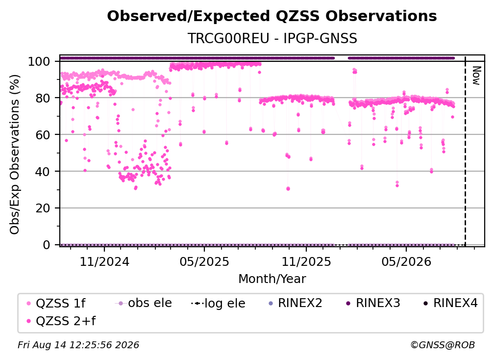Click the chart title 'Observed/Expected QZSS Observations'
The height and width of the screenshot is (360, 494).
coord(272,16)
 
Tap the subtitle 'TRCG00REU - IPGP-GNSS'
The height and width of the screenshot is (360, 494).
coord(272,38)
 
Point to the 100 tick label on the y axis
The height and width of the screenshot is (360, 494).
coord(39,61)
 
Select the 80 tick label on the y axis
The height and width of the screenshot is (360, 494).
coord(43,98)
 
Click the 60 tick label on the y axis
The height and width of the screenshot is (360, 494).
coord(43,135)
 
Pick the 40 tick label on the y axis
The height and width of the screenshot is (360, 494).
coord(43,172)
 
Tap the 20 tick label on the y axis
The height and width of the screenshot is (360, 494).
coord(43,208)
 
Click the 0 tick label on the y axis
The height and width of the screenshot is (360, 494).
coord(47,245)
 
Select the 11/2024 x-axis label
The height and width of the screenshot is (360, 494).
coord(104,262)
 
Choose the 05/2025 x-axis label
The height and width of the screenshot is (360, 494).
coord(204,262)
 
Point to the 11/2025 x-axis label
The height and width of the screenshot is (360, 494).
coord(306,262)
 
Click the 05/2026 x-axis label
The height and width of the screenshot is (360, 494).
coord(406,262)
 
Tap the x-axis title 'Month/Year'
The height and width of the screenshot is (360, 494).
coord(272,279)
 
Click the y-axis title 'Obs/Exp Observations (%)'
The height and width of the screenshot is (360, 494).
coord(15,154)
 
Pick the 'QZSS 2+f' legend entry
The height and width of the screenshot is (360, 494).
coord(61,321)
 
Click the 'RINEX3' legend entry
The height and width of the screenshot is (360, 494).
coord(373,303)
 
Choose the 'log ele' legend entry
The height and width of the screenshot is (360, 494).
coord(219,303)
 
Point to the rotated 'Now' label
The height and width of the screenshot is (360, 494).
coord(476,76)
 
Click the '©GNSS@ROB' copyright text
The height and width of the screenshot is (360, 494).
coord(443,345)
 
